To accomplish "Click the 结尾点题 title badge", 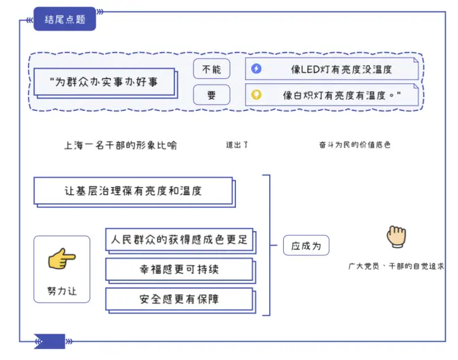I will click(x=64, y=19).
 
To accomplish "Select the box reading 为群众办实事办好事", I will click(x=104, y=83).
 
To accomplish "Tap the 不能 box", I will click(x=211, y=69).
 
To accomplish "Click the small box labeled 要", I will click(x=211, y=94).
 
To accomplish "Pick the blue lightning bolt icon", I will click(x=257, y=69).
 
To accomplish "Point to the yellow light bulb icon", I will click(x=257, y=94).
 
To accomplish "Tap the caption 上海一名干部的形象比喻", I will click(x=120, y=145).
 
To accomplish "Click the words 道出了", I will click(x=237, y=145).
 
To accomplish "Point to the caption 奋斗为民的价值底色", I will click(x=355, y=145).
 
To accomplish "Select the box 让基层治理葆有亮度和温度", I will click(x=133, y=190).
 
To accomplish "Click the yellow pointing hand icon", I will click(x=61, y=259).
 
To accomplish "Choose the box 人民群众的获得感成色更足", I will click(x=179, y=240).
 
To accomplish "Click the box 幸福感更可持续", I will click(x=179, y=270).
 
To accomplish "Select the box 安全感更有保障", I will click(x=179, y=299).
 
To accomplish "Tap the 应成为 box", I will click(x=305, y=246).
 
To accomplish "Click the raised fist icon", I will click(x=396, y=237).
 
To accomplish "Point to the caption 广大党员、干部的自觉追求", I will click(x=396, y=266).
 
